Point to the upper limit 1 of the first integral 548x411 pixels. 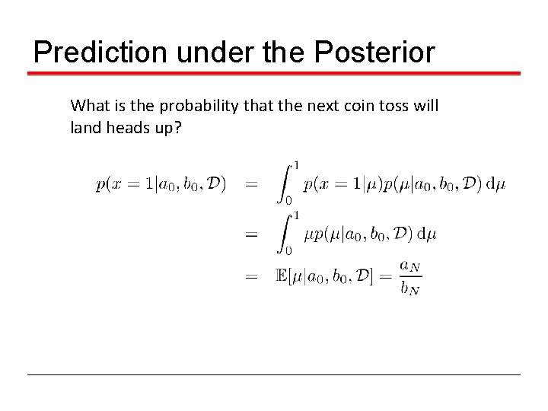[295, 165]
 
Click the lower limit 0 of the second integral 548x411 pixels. [288, 250]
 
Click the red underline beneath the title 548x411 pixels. [274, 74]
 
